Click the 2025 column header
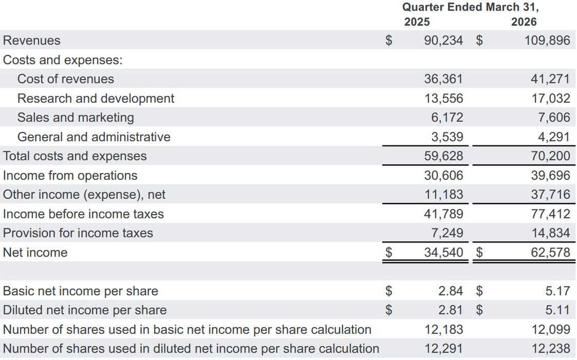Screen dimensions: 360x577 [417, 22]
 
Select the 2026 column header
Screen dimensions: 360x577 [524, 22]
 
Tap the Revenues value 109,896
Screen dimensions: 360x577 [547, 40]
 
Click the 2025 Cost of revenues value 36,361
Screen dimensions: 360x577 [443, 79]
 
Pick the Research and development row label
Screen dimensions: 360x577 [96, 98]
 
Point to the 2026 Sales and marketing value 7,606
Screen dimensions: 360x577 [554, 118]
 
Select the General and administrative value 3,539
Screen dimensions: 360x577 [447, 137]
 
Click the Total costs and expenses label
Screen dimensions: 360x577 [75, 156]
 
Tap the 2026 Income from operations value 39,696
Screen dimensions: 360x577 [550, 176]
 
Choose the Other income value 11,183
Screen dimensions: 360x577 [443, 195]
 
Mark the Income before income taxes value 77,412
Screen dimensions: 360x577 [550, 214]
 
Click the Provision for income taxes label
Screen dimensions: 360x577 [78, 233]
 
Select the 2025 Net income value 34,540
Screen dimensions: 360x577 [443, 253]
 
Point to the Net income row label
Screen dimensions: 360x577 [35, 253]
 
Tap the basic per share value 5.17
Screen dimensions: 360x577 [557, 291]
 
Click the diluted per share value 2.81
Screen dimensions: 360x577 [451, 310]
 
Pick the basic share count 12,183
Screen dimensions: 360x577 [443, 330]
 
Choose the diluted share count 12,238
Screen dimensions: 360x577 [550, 349]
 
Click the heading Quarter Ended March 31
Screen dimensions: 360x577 [470, 7]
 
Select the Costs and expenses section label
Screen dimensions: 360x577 [63, 60]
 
